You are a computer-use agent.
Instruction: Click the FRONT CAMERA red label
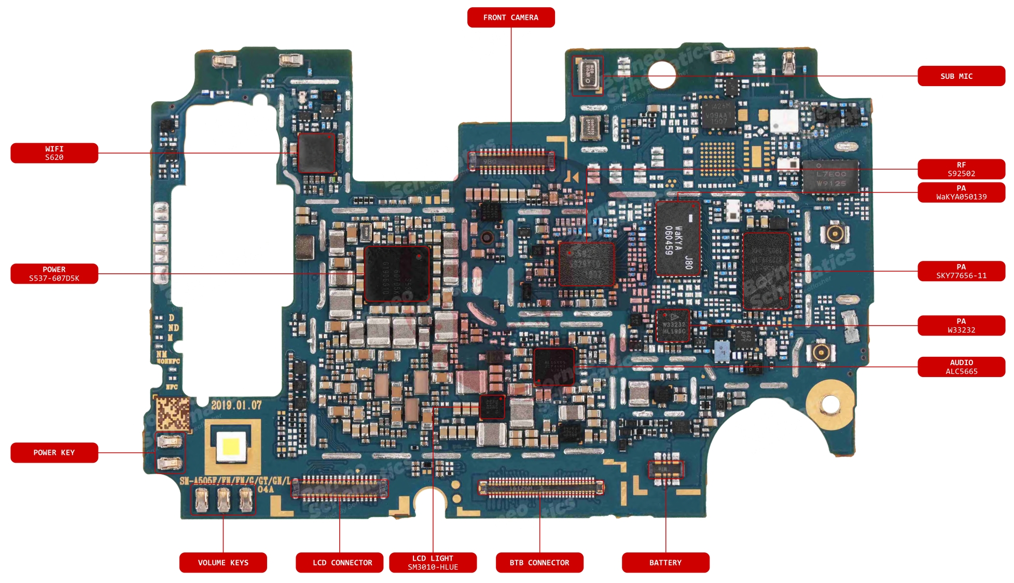coord(510,17)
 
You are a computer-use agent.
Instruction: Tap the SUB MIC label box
coord(961,76)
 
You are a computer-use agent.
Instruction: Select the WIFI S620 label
coord(54,153)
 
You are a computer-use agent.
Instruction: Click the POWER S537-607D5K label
coord(54,274)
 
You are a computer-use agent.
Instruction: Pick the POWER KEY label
coord(54,452)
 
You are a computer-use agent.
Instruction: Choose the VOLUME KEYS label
coord(223,562)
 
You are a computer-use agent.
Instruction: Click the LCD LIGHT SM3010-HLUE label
coord(433,562)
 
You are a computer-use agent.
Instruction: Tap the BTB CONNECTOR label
coord(539,562)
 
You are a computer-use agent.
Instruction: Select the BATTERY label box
coord(665,562)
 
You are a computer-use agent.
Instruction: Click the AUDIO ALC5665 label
coord(961,367)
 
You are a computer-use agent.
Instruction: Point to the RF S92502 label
coord(961,169)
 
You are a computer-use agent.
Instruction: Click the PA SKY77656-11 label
coord(961,271)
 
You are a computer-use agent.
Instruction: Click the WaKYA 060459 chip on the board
coord(678,239)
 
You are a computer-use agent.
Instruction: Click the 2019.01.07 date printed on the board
coord(236,405)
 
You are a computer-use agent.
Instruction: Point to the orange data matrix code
coord(173,414)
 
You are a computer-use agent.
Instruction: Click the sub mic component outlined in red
coord(588,75)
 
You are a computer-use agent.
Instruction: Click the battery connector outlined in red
coord(666,469)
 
